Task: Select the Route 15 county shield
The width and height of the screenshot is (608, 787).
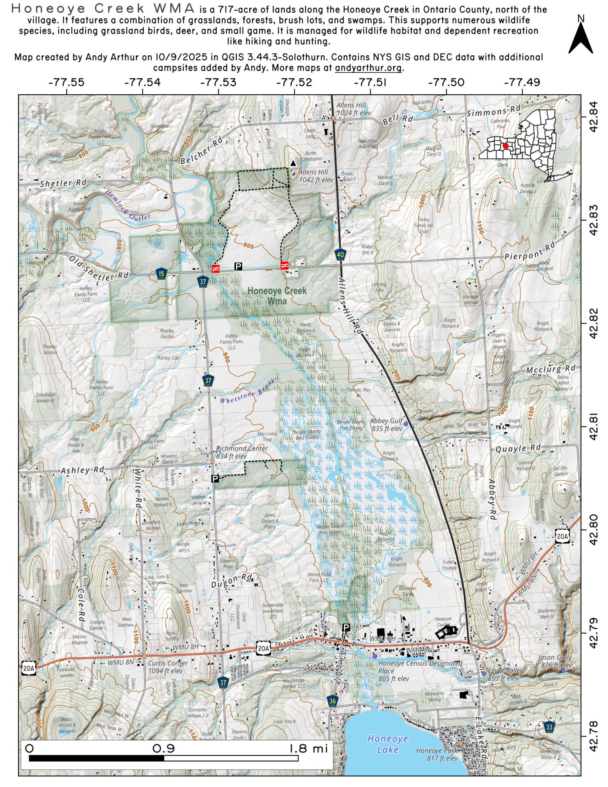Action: pos(162,274)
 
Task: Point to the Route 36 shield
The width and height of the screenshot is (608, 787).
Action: pos(333,701)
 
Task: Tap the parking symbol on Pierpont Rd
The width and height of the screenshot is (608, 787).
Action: pos(238,266)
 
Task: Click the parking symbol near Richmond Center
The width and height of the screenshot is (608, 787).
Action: pos(215,478)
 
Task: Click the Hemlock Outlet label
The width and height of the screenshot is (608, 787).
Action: pos(128,205)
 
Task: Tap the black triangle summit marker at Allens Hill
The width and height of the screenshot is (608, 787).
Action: pos(293,163)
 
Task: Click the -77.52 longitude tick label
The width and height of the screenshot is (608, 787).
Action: pos(294,82)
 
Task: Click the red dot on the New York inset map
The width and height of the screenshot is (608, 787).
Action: pos(506,146)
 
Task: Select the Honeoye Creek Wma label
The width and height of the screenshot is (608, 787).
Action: pos(277,296)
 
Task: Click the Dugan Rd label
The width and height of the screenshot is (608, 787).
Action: pos(232,582)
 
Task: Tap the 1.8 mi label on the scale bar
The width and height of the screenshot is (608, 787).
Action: pos(308,748)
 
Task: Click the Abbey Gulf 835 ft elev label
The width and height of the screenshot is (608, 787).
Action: pos(386,425)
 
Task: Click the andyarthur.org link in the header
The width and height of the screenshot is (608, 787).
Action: pos(369,68)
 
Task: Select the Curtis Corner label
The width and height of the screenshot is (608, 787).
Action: pos(168,663)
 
